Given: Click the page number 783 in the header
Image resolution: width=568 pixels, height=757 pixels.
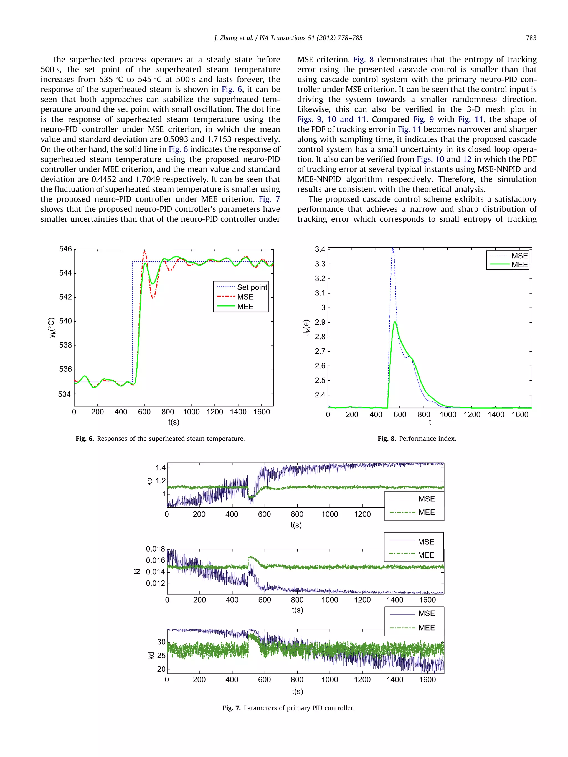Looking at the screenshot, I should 531,38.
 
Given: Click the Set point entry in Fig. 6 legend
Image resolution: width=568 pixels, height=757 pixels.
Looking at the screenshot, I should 252,287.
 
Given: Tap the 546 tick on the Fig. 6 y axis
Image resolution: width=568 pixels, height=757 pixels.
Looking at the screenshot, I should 65,249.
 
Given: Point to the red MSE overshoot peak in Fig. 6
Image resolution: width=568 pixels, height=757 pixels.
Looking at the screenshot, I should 144,251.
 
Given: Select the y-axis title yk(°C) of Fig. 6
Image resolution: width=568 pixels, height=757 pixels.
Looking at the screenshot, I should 51,328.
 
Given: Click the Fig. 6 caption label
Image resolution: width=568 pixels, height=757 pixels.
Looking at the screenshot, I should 85,439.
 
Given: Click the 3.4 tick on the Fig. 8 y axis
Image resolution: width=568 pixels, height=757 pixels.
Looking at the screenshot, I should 320,249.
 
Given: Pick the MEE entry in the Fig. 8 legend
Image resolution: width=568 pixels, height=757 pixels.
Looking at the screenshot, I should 519,264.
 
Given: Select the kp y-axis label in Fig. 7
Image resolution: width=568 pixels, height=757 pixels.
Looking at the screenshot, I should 149,481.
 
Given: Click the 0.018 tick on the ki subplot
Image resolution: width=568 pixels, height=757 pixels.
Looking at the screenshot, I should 155,549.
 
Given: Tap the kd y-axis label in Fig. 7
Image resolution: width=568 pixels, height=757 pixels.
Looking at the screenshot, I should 151,655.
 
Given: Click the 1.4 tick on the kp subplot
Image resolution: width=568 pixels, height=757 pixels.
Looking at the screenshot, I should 160,468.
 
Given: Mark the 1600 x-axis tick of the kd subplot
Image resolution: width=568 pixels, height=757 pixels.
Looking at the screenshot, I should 427,680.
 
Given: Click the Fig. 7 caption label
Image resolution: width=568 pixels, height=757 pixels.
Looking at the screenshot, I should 232,708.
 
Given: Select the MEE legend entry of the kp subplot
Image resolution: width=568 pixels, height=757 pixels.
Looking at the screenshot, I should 426,512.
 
